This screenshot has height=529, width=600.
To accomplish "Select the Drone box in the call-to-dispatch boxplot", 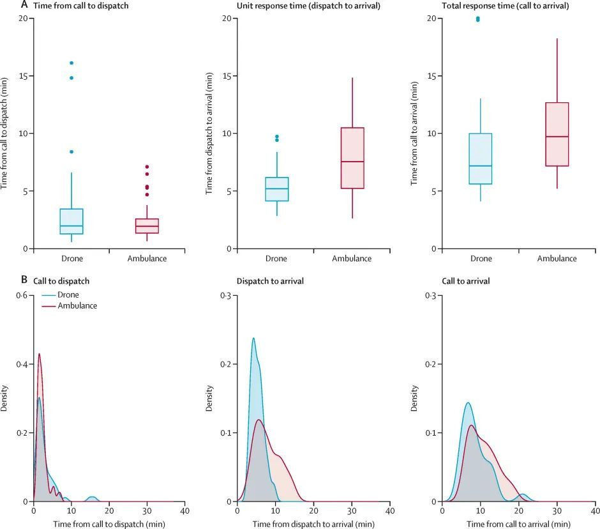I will [x=71, y=222].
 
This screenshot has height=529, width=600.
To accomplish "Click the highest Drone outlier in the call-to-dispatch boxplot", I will [x=71, y=63].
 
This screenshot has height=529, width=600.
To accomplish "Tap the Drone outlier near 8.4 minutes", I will [x=71, y=151].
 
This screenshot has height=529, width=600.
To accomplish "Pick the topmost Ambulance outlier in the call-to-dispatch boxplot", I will [x=147, y=167].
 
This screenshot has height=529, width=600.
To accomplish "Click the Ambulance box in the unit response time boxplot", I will [x=352, y=158].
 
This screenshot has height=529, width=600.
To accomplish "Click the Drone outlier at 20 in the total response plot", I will [x=478, y=19].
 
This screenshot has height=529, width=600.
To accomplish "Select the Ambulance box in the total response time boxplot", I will [x=557, y=134].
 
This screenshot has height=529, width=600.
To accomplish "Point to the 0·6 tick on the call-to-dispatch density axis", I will [x=23, y=296].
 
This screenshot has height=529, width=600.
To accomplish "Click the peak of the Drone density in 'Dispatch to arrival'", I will [x=253, y=338].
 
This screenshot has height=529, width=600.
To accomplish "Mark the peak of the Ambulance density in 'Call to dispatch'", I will [x=39, y=353].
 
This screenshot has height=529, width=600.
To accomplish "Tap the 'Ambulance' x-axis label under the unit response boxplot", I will [x=352, y=259].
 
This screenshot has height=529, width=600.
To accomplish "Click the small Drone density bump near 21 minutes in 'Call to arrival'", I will [x=523, y=494].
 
